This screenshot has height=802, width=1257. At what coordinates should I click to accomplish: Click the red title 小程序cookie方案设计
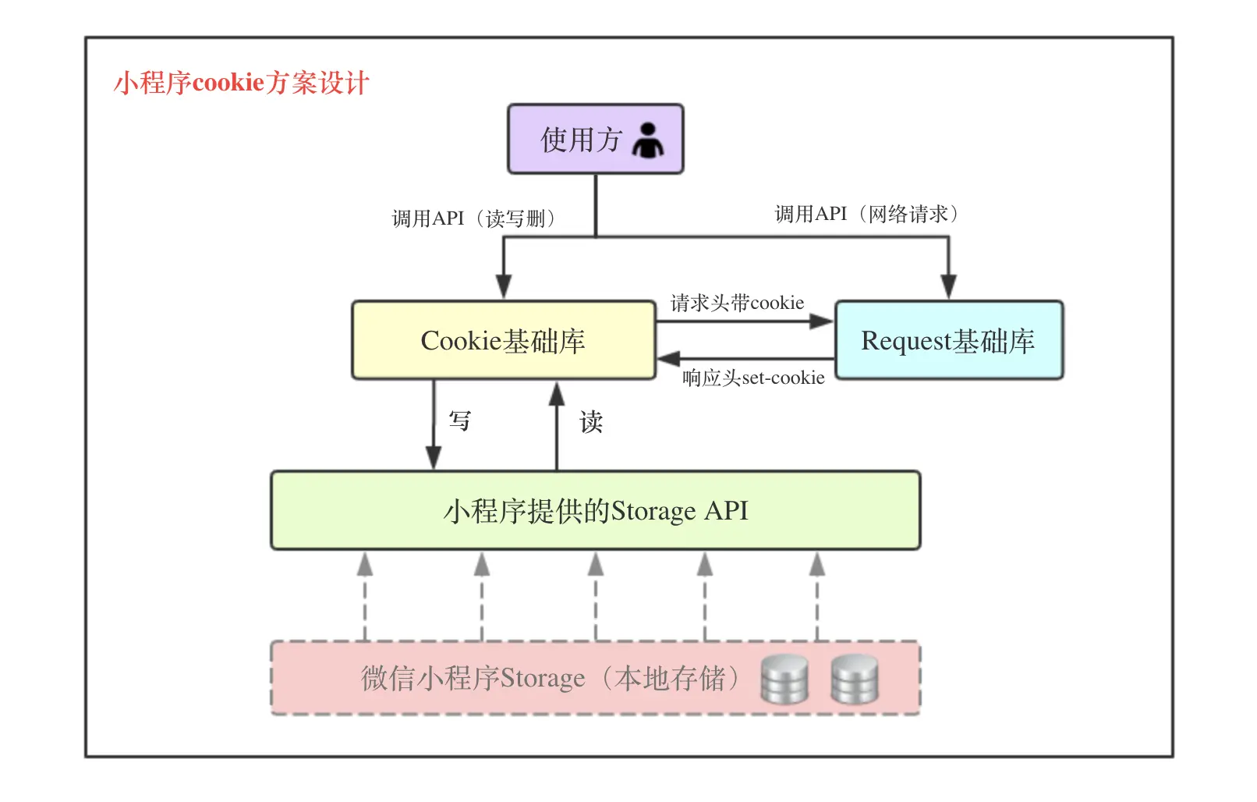click(x=241, y=83)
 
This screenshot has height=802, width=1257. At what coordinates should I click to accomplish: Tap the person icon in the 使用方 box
click(x=647, y=140)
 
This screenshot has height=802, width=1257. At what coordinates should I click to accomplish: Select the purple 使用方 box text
click(x=581, y=140)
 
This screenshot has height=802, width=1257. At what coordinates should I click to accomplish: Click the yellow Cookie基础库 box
click(x=503, y=341)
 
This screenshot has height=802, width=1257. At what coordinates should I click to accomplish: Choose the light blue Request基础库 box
click(x=948, y=341)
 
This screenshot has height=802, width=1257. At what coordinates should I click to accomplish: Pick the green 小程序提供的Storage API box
click(x=595, y=511)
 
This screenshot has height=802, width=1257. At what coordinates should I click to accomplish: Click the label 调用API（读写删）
click(x=473, y=218)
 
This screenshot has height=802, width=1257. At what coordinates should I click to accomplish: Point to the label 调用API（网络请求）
click(x=866, y=214)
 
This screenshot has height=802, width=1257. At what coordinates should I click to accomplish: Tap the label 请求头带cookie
click(x=737, y=303)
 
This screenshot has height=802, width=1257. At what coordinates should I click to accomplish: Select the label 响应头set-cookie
click(x=753, y=378)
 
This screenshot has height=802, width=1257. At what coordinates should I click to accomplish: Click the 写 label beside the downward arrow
click(x=460, y=421)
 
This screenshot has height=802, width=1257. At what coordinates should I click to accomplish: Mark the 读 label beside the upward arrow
click(x=591, y=422)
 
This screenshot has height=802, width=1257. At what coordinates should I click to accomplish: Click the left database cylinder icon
click(x=784, y=679)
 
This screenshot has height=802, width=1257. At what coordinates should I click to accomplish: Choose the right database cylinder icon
click(x=855, y=679)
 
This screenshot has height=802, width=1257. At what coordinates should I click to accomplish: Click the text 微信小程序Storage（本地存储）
click(x=550, y=679)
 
